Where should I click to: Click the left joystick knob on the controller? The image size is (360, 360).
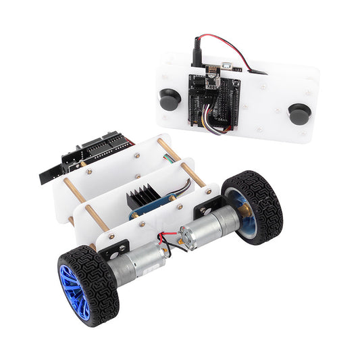pos(170,100)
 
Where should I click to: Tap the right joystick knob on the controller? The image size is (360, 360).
pos(299,113)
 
